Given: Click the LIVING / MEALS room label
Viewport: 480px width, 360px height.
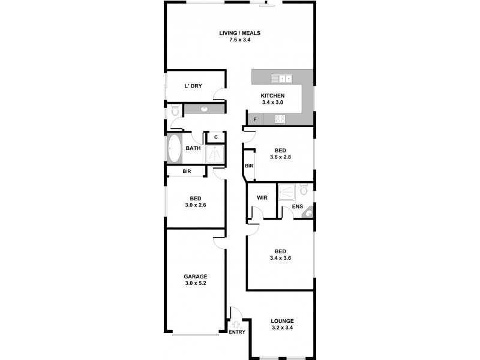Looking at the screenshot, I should point(239,33).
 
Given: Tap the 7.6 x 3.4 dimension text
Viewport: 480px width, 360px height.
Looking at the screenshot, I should point(239,41).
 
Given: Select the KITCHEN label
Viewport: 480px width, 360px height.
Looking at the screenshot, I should point(272,95).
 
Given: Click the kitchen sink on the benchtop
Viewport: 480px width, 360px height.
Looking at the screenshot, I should point(280,78).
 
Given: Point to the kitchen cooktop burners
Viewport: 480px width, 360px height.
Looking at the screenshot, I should point(280,119).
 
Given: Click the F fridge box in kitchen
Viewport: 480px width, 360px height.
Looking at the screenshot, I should point(255,119).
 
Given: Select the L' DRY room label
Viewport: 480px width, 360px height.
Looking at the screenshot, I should point(193,86).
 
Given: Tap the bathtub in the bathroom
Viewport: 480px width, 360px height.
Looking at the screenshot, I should point(175,148).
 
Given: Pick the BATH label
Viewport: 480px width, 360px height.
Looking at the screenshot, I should point(193,148).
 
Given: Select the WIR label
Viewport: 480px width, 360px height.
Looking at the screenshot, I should point(262,197).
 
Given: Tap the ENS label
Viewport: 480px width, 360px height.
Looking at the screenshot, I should point(297,207).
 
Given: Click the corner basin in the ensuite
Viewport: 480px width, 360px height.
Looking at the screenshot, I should point(308,211).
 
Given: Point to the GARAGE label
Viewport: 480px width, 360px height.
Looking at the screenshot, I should point(196,277).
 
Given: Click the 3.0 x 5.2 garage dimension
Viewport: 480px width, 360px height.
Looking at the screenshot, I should point(196,284).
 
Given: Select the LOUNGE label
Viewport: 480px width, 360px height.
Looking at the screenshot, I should point(281,320).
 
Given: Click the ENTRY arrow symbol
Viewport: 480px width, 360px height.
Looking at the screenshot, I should point(236,325).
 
